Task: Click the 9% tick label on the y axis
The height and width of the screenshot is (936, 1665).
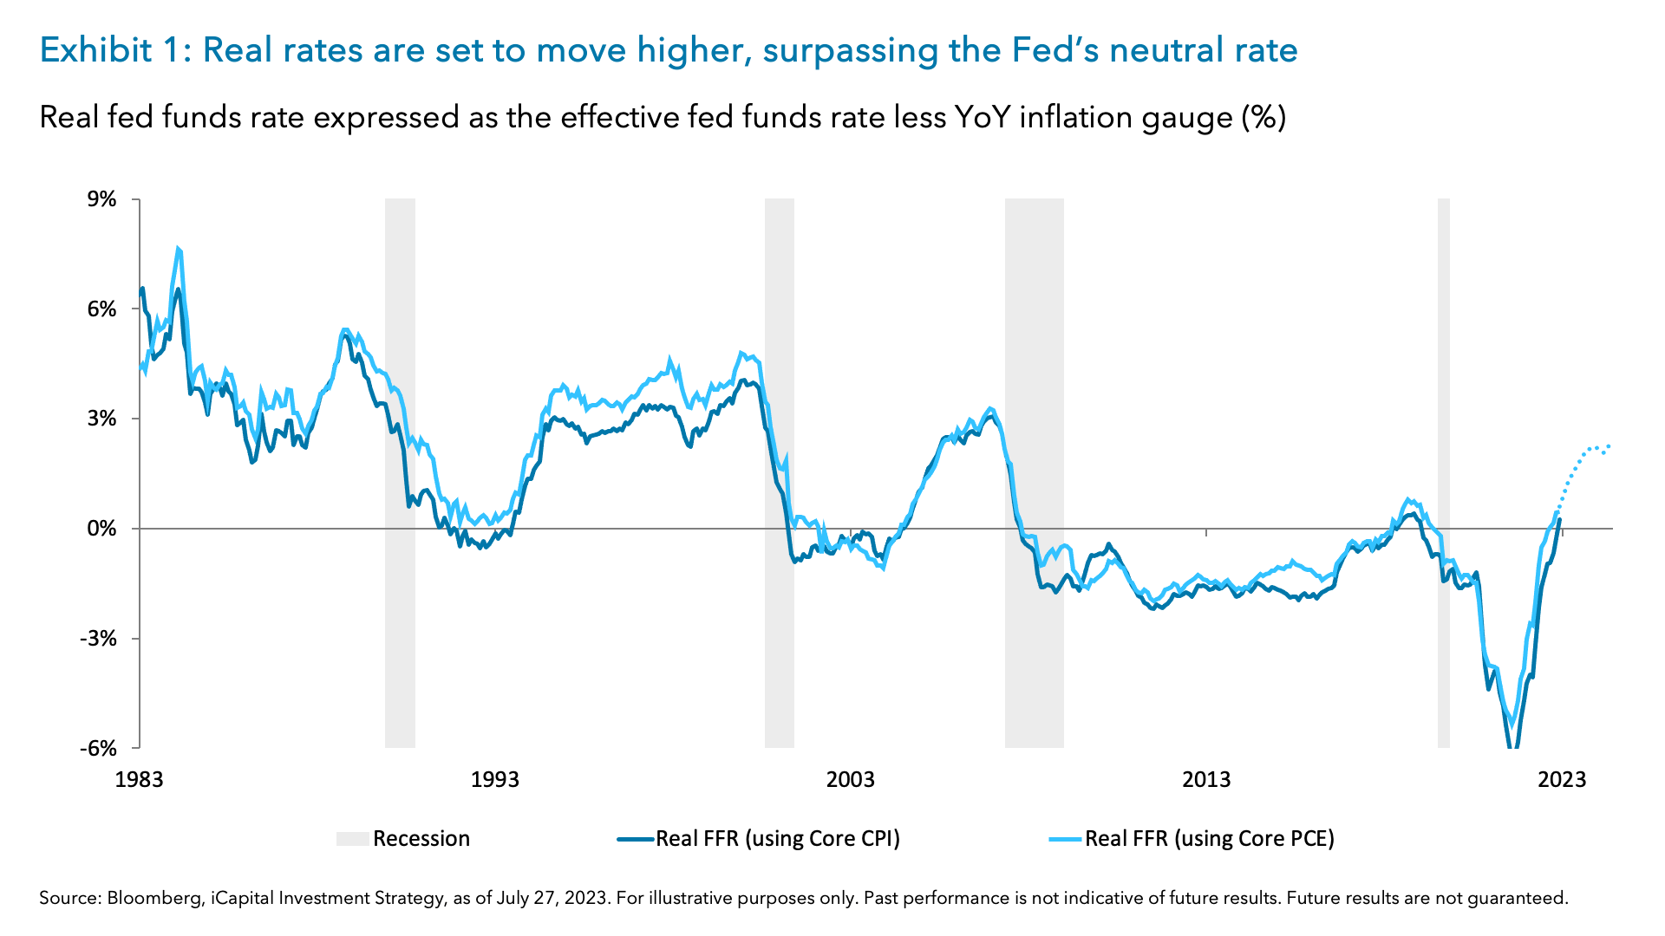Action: click(101, 200)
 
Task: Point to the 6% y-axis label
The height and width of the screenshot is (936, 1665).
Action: click(101, 309)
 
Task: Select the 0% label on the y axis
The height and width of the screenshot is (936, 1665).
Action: click(101, 529)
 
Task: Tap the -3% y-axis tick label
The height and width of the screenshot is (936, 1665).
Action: click(98, 639)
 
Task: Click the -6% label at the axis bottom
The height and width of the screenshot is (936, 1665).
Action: click(98, 748)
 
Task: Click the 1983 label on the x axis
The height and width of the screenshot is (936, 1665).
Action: click(139, 779)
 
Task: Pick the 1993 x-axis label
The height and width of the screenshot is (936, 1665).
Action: click(494, 779)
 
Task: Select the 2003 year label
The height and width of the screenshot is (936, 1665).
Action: click(850, 779)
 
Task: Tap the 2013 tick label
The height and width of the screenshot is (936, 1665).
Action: click(1205, 779)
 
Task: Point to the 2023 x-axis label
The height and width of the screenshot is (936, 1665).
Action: click(1561, 779)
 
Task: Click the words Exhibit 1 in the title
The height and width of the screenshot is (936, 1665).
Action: click(111, 50)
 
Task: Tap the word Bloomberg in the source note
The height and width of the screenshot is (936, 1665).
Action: click(153, 899)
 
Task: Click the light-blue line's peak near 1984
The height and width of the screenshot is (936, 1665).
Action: click(178, 250)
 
